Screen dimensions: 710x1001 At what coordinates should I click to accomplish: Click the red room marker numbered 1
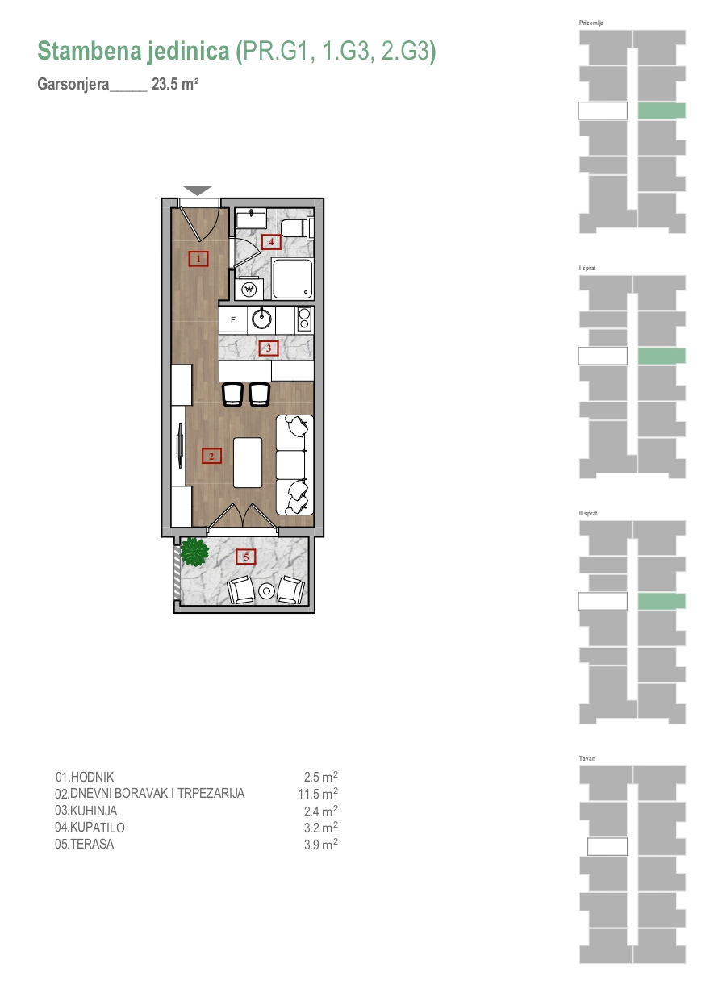coord(198,258)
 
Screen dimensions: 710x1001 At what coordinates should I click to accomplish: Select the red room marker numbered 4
coord(271,242)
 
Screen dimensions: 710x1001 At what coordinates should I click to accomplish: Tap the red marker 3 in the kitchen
coord(269,348)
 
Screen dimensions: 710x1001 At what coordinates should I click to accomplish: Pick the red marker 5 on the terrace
coord(246,557)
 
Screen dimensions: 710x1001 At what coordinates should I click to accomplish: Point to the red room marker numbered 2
coord(211,457)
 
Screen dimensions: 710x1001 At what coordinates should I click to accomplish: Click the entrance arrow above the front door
coord(197,190)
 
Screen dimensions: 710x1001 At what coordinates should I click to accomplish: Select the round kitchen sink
coord(261,319)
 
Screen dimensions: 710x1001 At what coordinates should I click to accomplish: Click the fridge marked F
coord(232,320)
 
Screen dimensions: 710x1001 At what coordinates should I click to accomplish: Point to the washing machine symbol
coord(249,289)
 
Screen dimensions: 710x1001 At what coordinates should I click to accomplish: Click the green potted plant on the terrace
coord(194,552)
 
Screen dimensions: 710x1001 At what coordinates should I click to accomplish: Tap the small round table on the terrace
coord(267,590)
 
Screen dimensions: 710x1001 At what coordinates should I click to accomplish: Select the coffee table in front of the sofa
coord(248,462)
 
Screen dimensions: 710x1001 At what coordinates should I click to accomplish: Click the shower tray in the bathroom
coord(292,278)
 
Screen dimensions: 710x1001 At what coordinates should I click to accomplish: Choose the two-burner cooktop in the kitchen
coord(304,319)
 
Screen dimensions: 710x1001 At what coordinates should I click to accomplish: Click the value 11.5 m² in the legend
coord(318,794)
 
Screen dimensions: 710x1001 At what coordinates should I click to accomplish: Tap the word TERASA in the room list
coord(92,844)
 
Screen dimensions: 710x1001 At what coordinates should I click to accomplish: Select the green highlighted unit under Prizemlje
coord(662,111)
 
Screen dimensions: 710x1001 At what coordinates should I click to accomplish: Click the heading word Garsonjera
coord(73,84)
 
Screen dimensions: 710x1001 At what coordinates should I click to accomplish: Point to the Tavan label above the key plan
coord(587,758)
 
